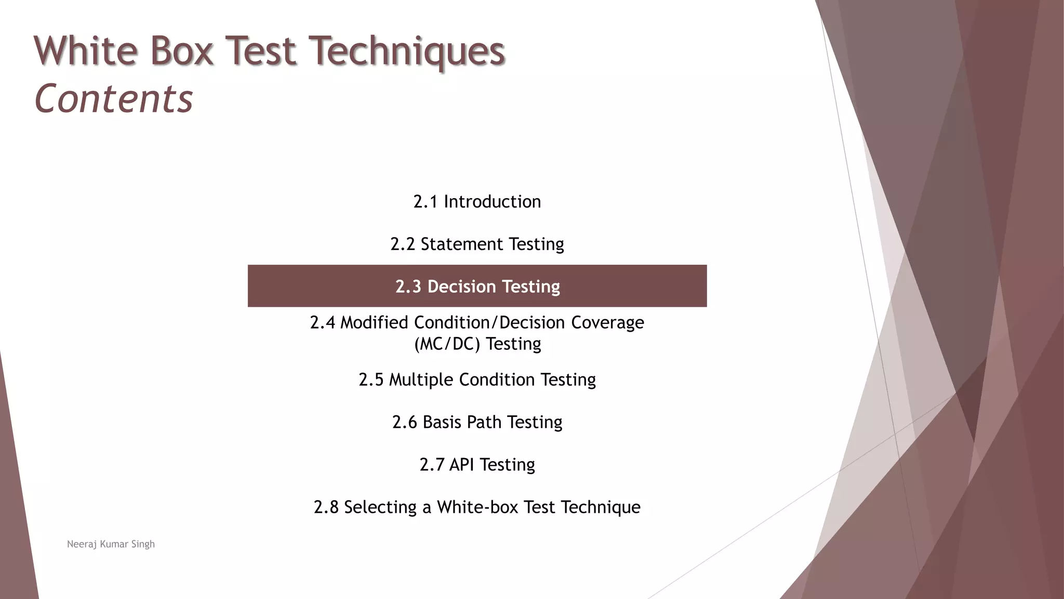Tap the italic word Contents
tap(113, 99)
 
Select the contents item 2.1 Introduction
tap(477, 202)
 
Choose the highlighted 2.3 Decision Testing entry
tap(477, 286)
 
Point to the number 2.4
tap(322, 323)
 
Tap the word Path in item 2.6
tap(484, 422)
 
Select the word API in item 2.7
tap(461, 464)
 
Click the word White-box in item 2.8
tap(477, 507)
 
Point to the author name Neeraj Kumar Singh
tap(111, 544)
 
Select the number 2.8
tap(326, 507)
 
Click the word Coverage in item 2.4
tap(607, 323)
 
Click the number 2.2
tap(403, 244)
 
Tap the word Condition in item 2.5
tap(497, 380)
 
